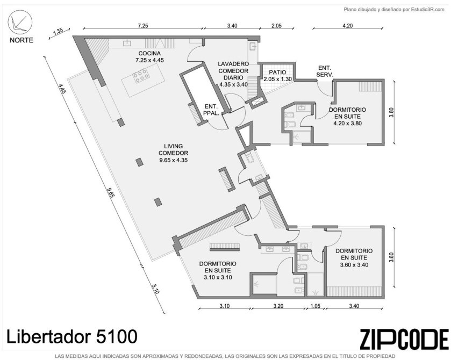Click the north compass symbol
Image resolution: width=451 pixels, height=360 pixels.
point(20,22)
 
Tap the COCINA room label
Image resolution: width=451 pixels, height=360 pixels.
point(149,53)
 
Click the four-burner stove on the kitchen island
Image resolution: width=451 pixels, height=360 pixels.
point(141,76)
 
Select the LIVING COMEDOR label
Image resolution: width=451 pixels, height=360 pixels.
point(174,149)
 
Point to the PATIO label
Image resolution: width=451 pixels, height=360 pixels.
point(277,72)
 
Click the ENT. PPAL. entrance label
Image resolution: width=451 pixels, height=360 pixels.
point(211,110)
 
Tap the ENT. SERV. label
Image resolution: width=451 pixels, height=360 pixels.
point(325,71)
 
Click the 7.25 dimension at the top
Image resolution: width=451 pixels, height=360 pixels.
point(143,26)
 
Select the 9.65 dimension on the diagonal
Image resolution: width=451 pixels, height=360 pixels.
point(111,193)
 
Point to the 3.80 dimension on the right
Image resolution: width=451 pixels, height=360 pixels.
point(391,112)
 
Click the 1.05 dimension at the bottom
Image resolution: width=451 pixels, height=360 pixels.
point(315,306)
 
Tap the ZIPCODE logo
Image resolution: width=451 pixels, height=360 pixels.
point(404,339)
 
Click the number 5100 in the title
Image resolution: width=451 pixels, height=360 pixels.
point(117,336)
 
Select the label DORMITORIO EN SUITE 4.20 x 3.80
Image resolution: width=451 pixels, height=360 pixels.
point(347,117)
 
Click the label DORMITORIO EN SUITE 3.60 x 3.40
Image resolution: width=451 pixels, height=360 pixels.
point(354,257)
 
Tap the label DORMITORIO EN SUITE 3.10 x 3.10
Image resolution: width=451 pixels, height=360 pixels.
point(218,270)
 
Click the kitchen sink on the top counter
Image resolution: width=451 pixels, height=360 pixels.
point(127,43)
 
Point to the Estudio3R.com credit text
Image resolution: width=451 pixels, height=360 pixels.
point(427,10)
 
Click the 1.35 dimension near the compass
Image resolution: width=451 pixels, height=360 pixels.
point(58,31)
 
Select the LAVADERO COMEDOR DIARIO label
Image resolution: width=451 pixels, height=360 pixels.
point(233,74)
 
